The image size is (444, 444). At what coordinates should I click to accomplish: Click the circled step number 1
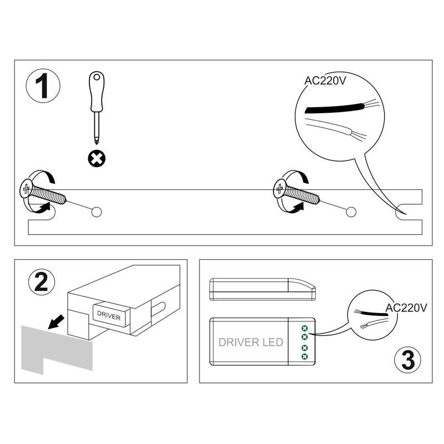pyautogui.click(x=43, y=85)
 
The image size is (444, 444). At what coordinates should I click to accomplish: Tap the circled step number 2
pyautogui.click(x=42, y=282)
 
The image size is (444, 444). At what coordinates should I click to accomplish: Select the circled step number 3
pyautogui.click(x=407, y=360)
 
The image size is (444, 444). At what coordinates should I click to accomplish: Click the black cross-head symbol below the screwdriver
pyautogui.click(x=97, y=159)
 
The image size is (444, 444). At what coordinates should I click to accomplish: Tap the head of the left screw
pyautogui.click(x=26, y=189)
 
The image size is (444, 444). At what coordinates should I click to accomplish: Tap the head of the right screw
pyautogui.click(x=279, y=189)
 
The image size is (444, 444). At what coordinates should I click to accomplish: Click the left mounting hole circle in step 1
pyautogui.click(x=97, y=212)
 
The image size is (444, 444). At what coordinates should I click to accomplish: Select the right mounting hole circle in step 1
pyautogui.click(x=351, y=212)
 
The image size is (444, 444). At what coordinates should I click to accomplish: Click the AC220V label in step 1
pyautogui.click(x=325, y=80)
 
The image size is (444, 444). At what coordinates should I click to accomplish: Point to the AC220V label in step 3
pyautogui.click(x=406, y=307)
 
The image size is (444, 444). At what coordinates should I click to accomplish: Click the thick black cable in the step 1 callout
pyautogui.click(x=335, y=108)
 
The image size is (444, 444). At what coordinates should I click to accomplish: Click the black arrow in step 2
pyautogui.click(x=57, y=322)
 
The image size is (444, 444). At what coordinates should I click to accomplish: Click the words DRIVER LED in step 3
pyautogui.click(x=251, y=342)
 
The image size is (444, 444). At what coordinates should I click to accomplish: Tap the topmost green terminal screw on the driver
pyautogui.click(x=305, y=329)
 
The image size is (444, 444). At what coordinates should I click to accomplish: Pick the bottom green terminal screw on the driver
pyautogui.click(x=305, y=356)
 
